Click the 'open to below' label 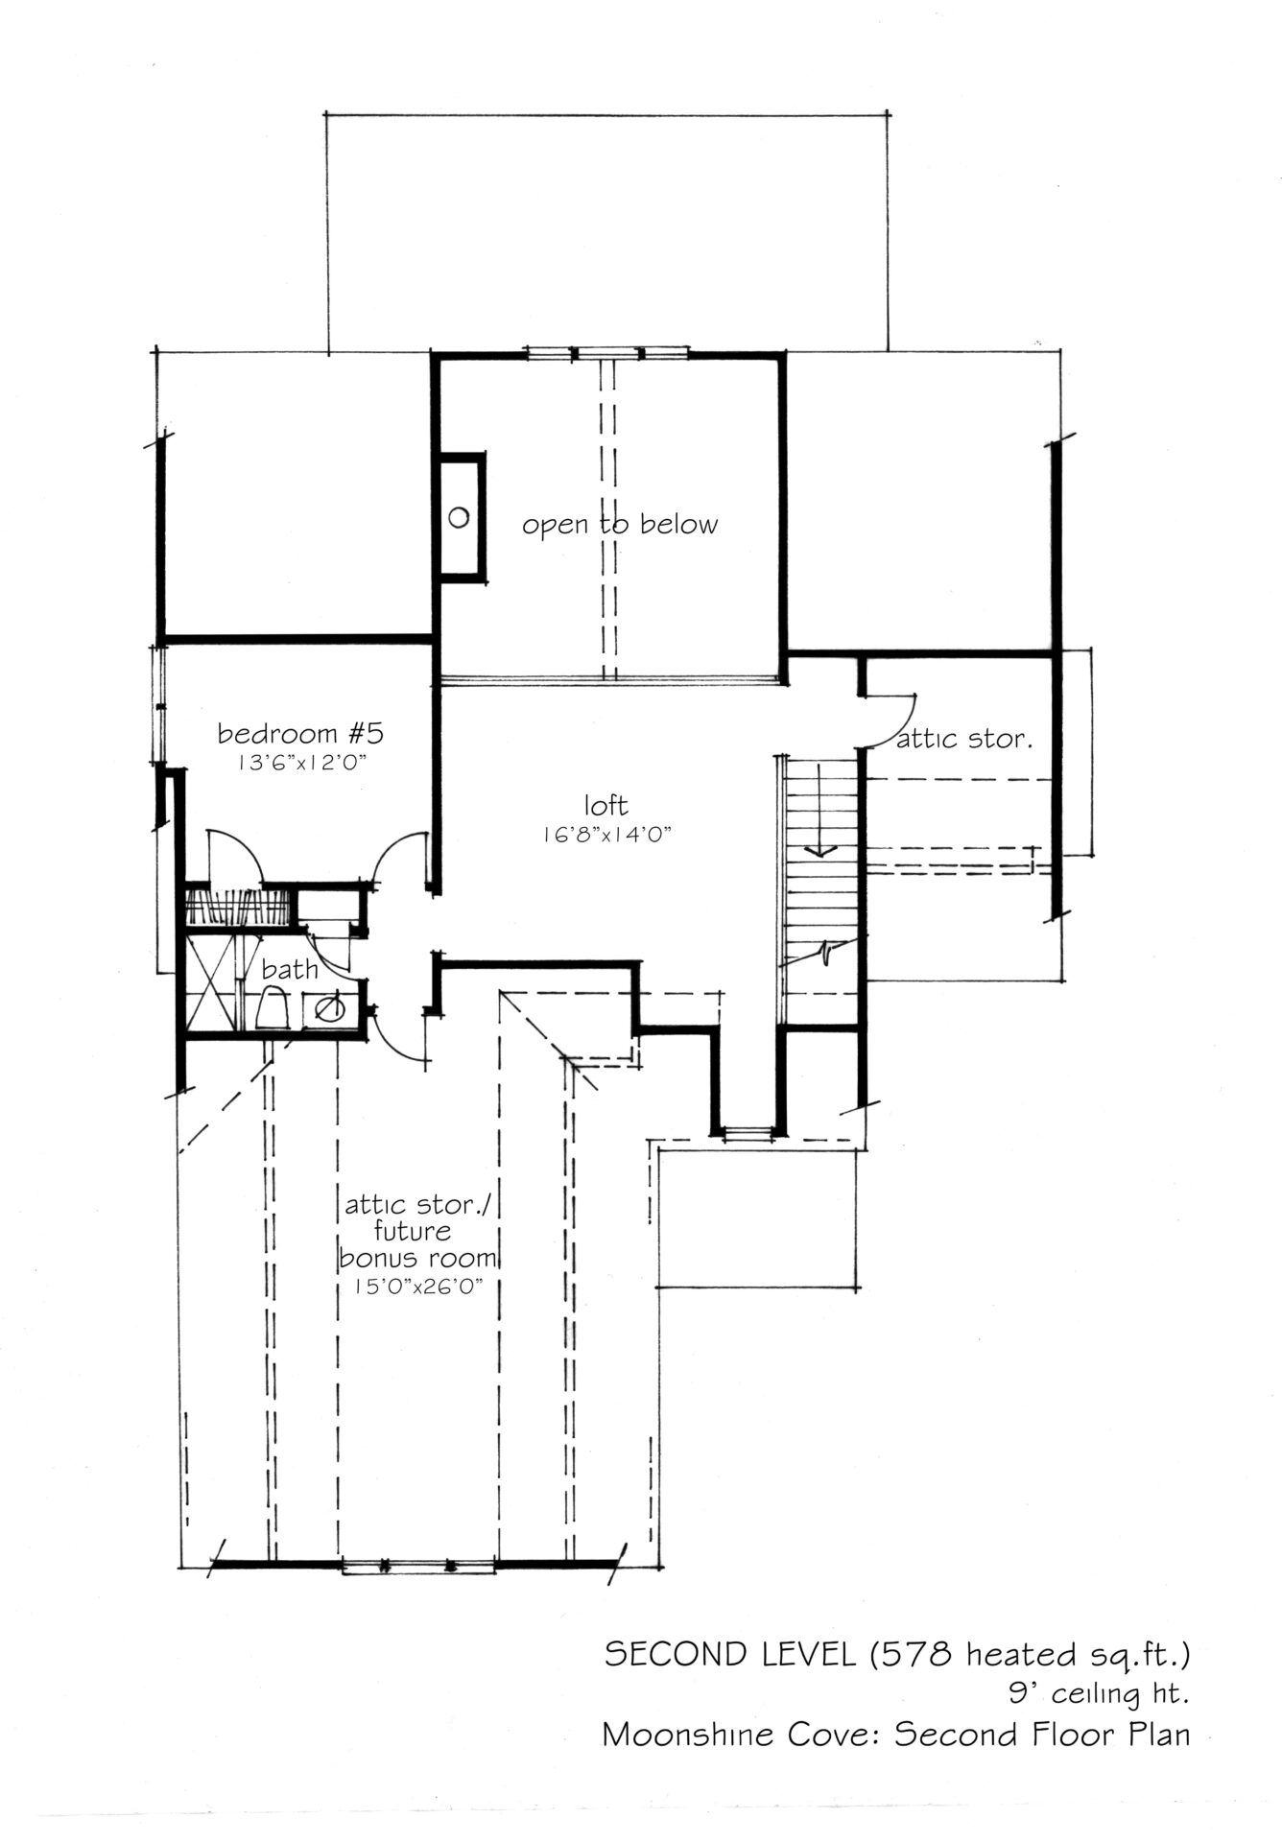coord(620,525)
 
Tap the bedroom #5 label coord(300,734)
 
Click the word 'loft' coord(605,803)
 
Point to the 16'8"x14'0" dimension coord(605,835)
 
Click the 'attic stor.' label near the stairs coord(963,740)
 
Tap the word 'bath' coord(289,969)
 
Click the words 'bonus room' coord(417,1258)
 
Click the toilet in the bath coord(275,1010)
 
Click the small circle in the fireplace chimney coord(459,518)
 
